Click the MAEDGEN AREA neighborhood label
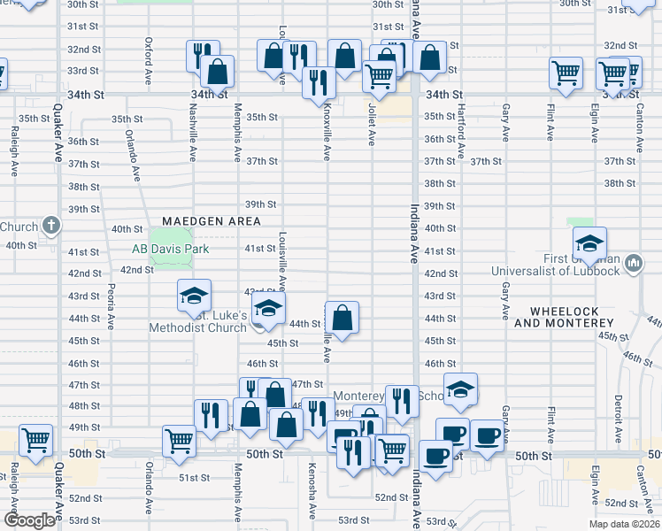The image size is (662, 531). click(x=212, y=220)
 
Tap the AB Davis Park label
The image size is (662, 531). click(x=171, y=250)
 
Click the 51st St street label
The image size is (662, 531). click(x=193, y=477)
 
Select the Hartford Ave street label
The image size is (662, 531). click(x=461, y=122)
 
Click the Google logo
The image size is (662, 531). click(x=29, y=520)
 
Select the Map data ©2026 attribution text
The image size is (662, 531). click(x=623, y=524)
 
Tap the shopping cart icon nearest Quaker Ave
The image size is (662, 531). click(x=35, y=439)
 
